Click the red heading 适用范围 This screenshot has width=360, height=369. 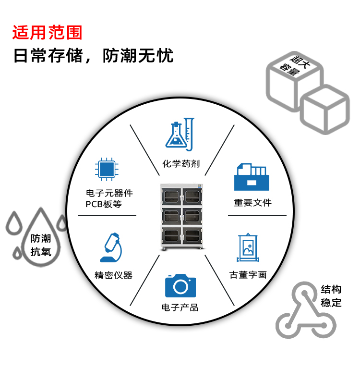point(48,32)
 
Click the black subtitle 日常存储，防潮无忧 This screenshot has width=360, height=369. point(93,56)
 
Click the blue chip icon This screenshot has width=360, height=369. point(106,168)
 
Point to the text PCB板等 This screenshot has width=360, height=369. point(104,204)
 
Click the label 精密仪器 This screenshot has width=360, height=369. point(113,275)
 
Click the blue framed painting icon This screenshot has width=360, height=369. point(248,248)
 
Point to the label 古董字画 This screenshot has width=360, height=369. point(248,275)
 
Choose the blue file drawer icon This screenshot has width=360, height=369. point(252,177)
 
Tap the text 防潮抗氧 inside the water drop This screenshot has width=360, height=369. point(40,245)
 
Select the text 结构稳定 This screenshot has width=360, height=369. point(331,296)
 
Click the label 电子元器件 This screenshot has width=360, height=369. point(109,193)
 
